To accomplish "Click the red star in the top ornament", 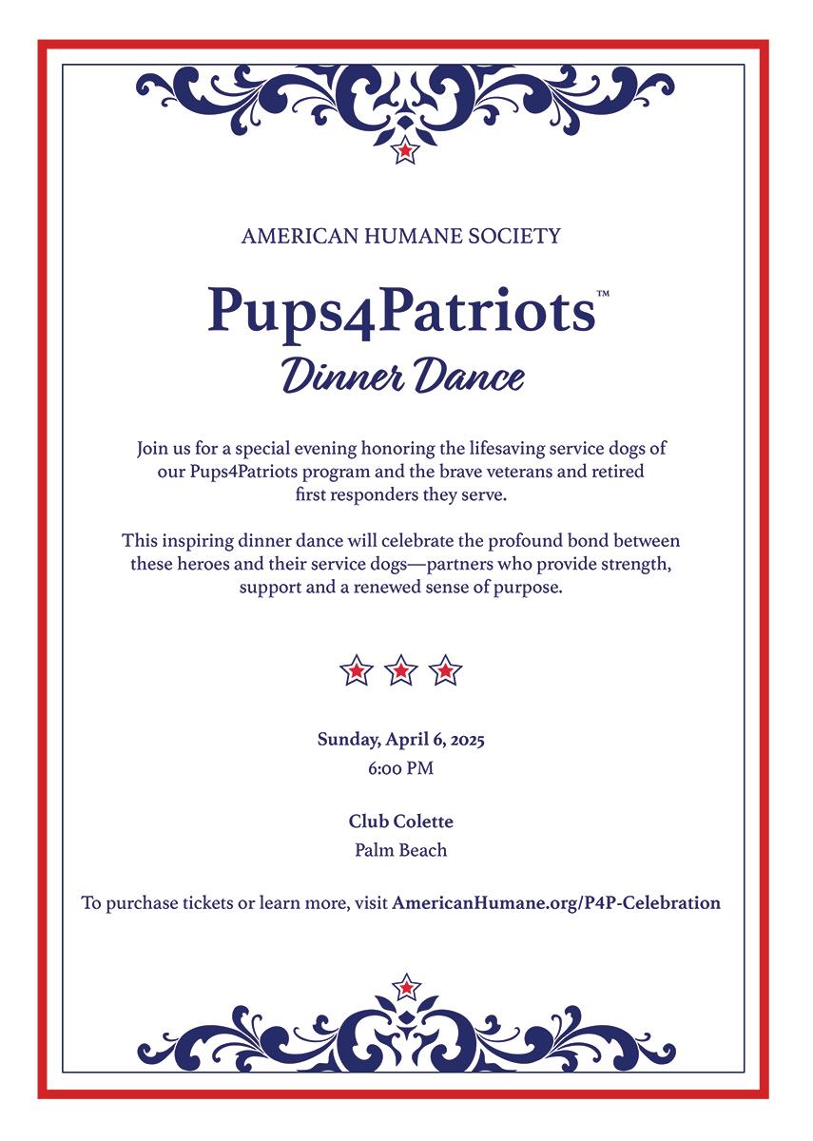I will [406, 150].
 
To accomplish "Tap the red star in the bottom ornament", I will [406, 987].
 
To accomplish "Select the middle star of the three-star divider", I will [400, 671].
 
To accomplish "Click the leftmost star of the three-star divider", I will [356, 671].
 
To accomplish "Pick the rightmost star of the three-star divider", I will [445, 671].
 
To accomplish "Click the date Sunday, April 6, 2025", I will [400, 740].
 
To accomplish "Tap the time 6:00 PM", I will [400, 768].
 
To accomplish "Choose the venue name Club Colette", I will [400, 821].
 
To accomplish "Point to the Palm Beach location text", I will [400, 850].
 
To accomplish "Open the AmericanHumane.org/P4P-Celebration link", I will [556, 903].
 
